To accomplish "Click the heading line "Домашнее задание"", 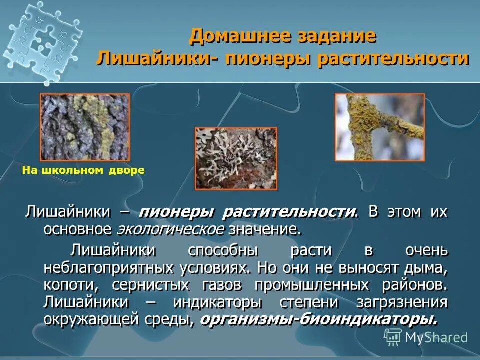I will point(282,36).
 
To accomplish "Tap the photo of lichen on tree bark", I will point(84,127).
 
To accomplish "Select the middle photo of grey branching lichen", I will point(235,158).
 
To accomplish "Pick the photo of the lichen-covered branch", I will point(379,127).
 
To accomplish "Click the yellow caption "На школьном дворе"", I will point(83,170).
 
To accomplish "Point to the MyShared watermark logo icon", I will point(393,337).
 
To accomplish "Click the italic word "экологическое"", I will point(170,230).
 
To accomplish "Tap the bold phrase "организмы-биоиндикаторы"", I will point(318,320).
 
